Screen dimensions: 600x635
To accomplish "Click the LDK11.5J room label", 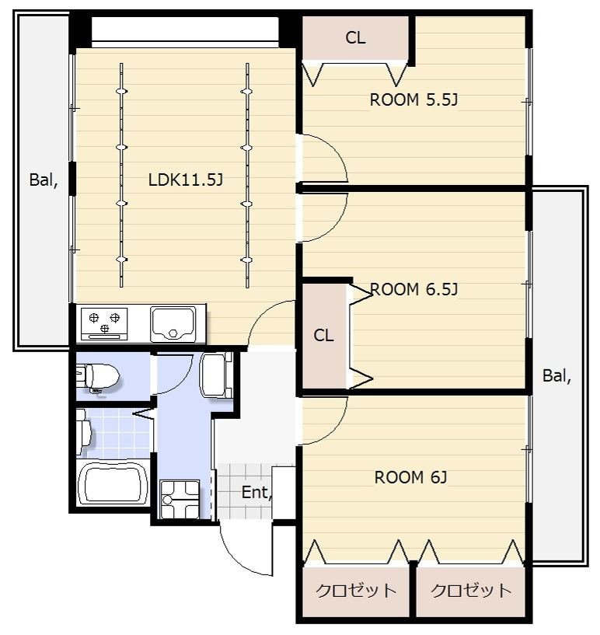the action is [x=186, y=180].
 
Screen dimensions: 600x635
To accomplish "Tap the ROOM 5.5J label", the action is [x=413, y=99].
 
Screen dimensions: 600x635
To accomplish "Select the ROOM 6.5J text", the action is [x=413, y=289].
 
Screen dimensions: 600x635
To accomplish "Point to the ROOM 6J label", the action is [x=410, y=477].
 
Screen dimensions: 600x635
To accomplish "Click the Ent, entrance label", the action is [x=256, y=493].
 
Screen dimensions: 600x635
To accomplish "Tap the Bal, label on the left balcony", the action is [x=44, y=180].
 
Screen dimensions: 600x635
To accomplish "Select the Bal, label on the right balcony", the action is [x=556, y=376].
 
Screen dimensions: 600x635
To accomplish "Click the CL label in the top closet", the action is [x=355, y=37].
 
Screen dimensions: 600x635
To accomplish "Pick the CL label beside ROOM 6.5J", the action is [x=323, y=335].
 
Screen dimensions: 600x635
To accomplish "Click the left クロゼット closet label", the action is [x=356, y=591].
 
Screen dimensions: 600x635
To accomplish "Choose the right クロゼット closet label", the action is [x=471, y=591].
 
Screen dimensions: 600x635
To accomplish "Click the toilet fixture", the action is [x=97, y=378].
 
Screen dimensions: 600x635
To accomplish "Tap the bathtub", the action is [x=113, y=483].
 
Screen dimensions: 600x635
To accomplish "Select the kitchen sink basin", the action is [x=173, y=323].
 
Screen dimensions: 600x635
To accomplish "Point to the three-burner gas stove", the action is [x=104, y=323].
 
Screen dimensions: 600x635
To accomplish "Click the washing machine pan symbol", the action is [x=180, y=499].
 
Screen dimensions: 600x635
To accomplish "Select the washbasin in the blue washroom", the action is [x=216, y=375].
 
